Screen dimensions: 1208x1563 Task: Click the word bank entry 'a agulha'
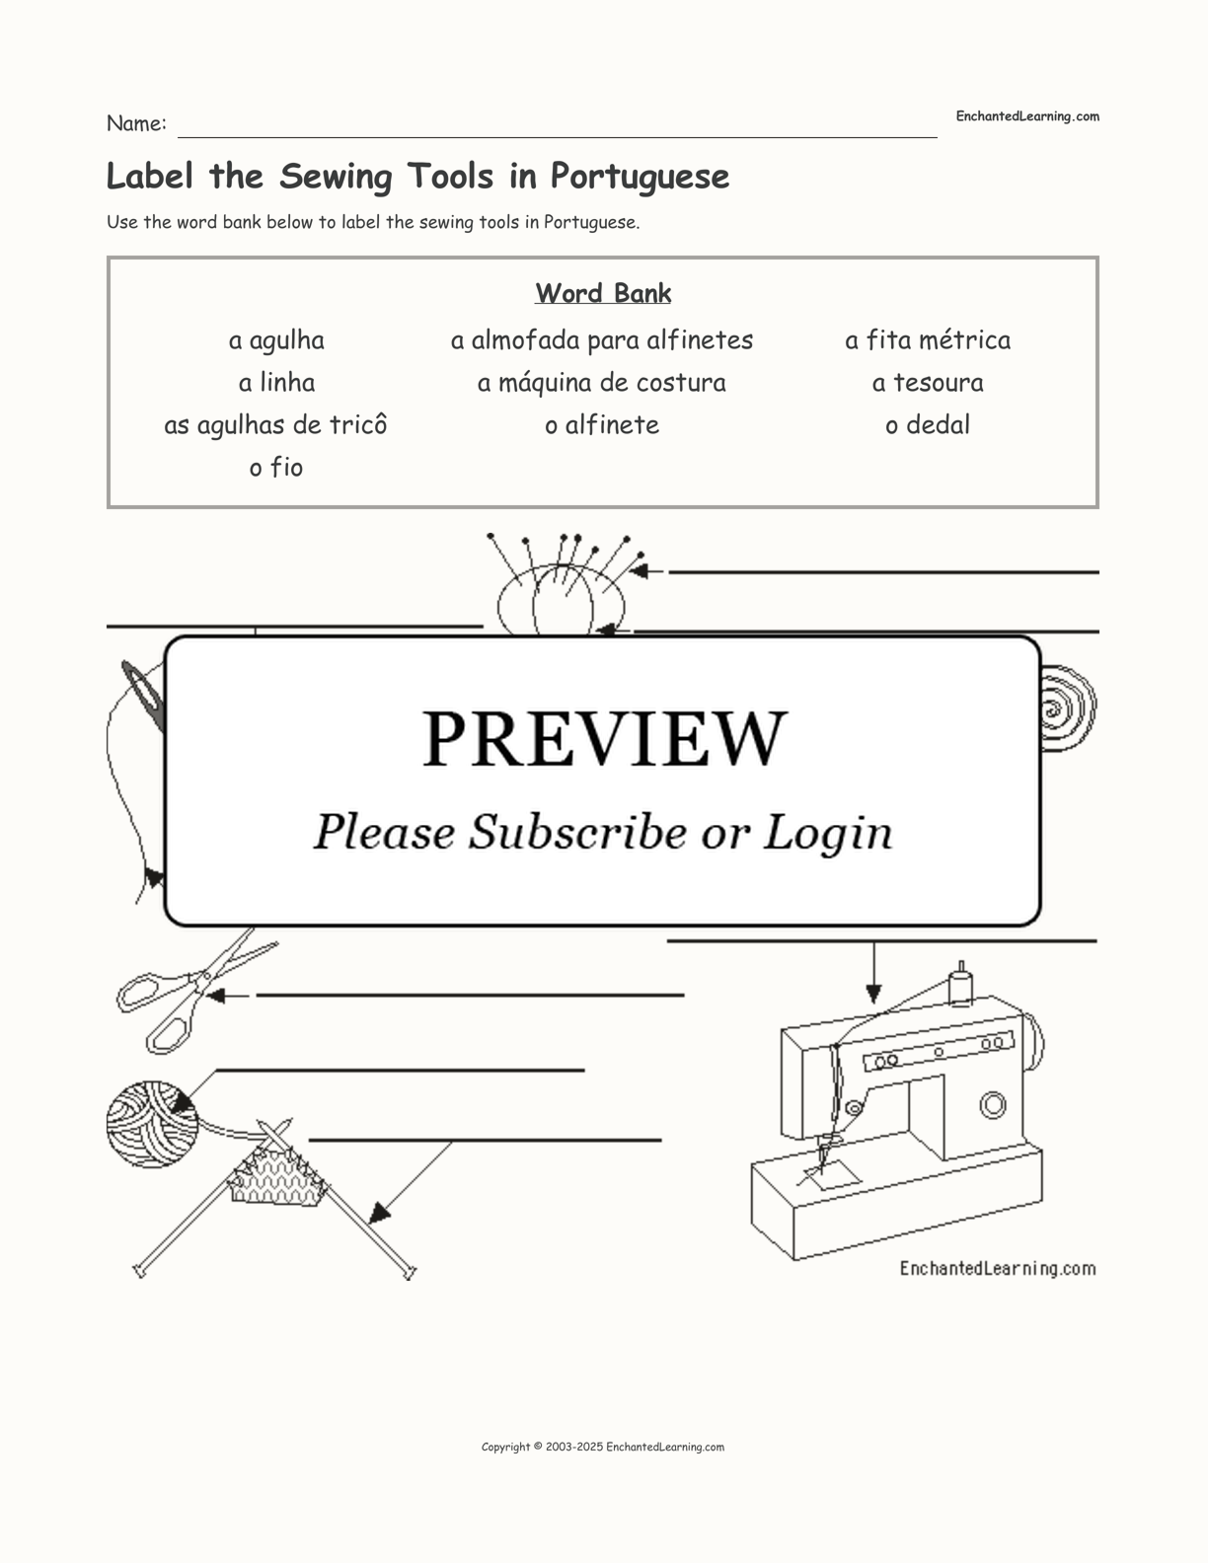(276, 341)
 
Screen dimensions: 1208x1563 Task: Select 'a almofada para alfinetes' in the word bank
(601, 340)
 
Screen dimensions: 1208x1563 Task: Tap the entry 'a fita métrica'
(928, 340)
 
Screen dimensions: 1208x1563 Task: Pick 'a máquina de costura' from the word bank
(601, 383)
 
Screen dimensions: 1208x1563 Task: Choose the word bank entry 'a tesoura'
(928, 383)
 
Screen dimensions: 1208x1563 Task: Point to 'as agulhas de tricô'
(275, 425)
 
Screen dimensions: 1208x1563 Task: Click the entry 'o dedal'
(928, 424)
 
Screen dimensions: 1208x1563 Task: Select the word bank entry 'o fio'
(276, 468)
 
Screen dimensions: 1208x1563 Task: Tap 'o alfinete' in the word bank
(601, 424)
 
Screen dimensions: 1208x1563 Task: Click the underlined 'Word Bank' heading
(603, 293)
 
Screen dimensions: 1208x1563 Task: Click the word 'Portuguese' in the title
(640, 177)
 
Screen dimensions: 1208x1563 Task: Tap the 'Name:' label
(136, 123)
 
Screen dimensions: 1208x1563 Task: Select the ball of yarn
(153, 1124)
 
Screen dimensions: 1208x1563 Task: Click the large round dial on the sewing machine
(993, 1105)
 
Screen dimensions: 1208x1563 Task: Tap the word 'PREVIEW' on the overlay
(604, 739)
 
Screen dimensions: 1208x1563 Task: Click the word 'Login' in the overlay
(827, 833)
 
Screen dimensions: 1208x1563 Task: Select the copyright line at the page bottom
(603, 1448)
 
